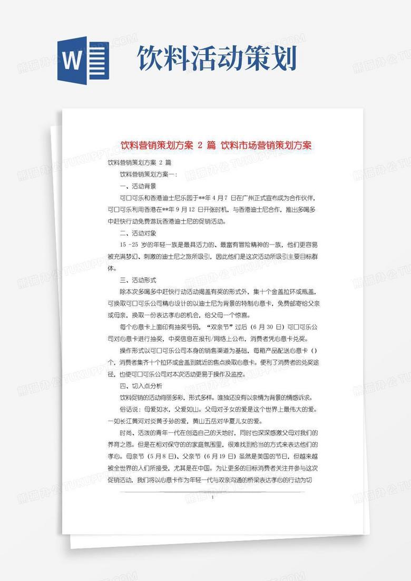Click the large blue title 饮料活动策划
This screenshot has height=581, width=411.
pyautogui.click(x=217, y=59)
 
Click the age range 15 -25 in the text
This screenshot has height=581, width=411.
pyautogui.click(x=130, y=245)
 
